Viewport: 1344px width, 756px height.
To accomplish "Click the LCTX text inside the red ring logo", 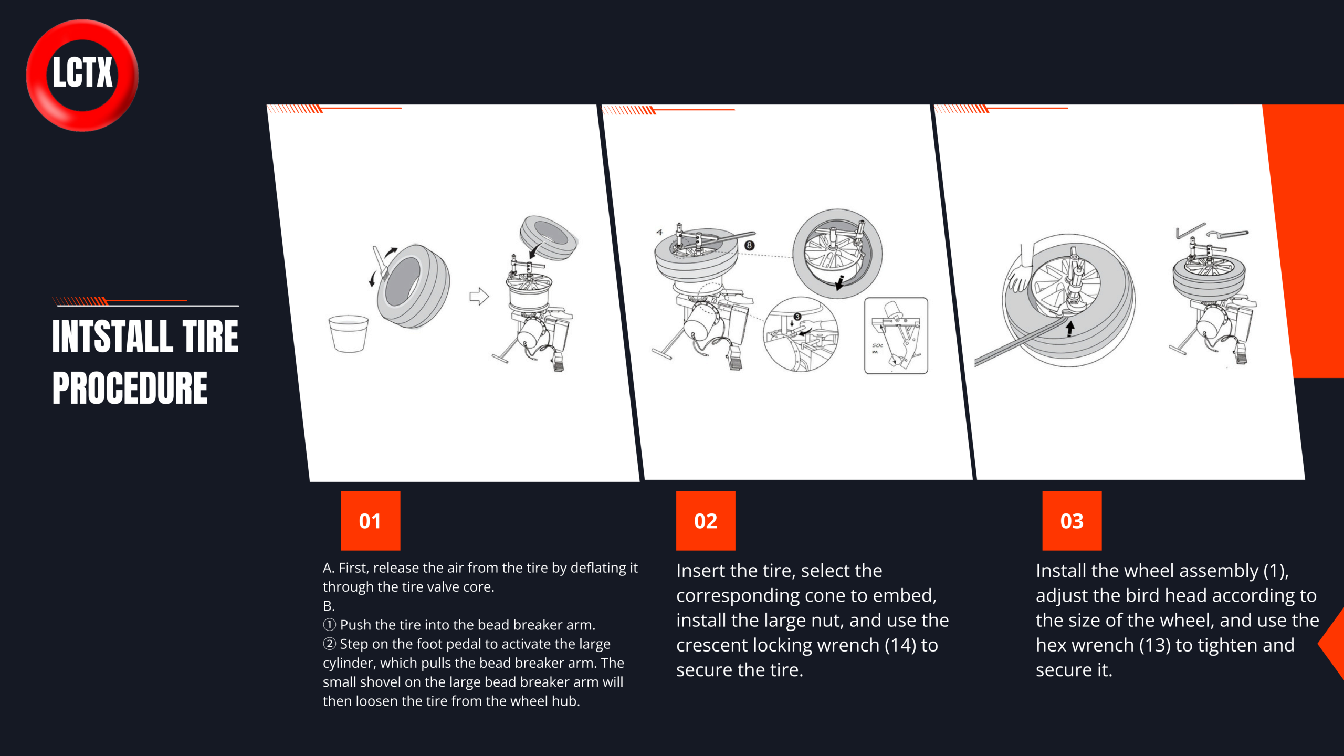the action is [x=82, y=72].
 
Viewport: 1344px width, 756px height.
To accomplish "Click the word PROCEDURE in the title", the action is [x=130, y=388].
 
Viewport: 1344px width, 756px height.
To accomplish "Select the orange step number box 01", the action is [x=370, y=521].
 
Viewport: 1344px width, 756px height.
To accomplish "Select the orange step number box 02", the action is [x=706, y=521].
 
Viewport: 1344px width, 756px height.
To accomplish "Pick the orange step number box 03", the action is [x=1072, y=521].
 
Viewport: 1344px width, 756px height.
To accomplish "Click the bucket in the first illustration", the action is [x=348, y=333].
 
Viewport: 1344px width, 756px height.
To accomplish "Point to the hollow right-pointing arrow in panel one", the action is [x=479, y=296].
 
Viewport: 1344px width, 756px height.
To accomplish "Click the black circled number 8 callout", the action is [x=749, y=245].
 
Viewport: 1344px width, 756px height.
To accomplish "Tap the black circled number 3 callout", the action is [x=797, y=317].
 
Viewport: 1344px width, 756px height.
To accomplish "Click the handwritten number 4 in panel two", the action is [x=659, y=232].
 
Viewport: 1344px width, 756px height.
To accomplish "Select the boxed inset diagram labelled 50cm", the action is [x=896, y=335].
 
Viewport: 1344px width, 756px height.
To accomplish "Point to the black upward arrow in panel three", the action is [x=1070, y=329].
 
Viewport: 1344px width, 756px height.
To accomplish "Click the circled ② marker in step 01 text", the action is [x=329, y=644].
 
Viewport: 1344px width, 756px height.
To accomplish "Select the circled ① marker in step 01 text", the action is [x=329, y=625].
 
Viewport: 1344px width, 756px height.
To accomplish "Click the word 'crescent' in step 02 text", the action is [x=712, y=645].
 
